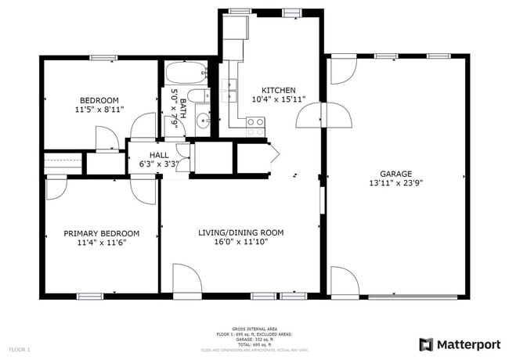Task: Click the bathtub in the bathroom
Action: [x=186, y=73]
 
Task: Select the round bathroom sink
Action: [x=202, y=120]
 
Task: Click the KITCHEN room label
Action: [x=278, y=89]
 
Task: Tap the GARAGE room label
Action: [x=395, y=174]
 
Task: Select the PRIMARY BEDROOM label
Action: [x=101, y=233]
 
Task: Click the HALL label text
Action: [x=159, y=155]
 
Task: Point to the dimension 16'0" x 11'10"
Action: [x=240, y=243]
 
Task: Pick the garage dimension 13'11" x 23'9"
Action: [x=395, y=183]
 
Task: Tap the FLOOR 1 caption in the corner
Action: [x=19, y=348]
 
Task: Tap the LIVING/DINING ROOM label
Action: [x=240, y=233]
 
